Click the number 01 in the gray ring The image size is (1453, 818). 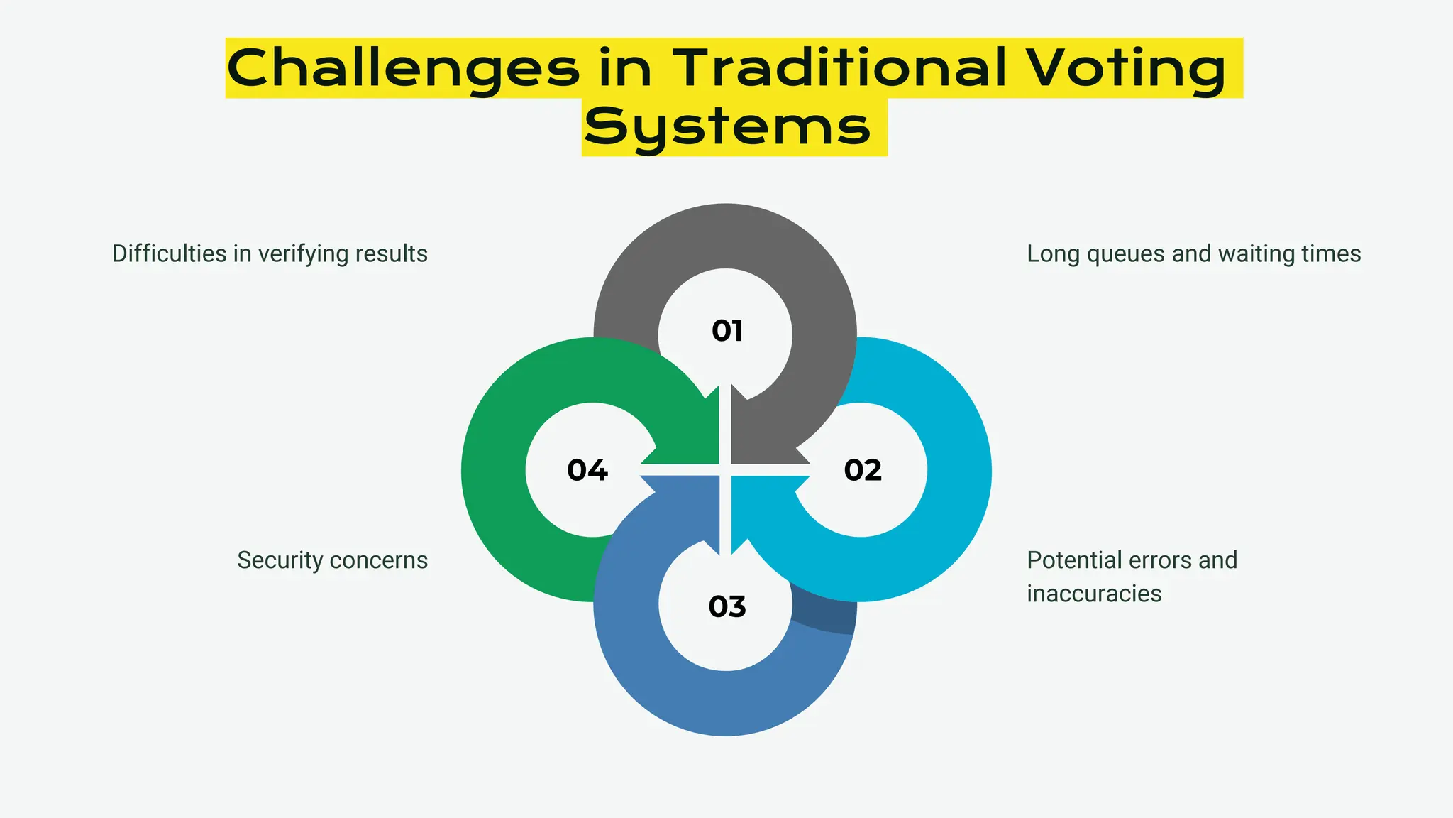pos(727,331)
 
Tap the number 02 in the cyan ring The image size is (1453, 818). pos(863,470)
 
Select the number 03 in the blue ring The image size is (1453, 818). pos(727,606)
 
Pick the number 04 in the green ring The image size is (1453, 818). pos(587,470)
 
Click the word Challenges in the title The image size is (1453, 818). pos(403,69)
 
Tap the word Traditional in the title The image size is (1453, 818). pos(839,69)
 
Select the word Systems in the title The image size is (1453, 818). pos(727,129)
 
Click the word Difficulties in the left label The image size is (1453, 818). pos(170,253)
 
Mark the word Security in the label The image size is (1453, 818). pos(280,560)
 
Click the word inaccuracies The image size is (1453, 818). pos(1094,594)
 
